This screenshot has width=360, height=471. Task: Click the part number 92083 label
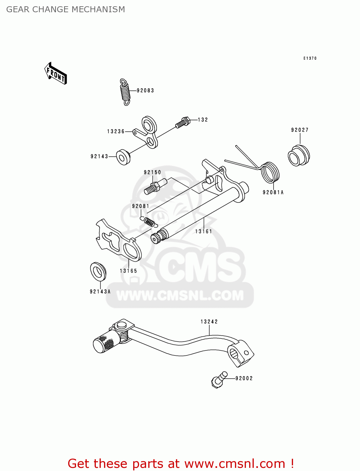(145, 90)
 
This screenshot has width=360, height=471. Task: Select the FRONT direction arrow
(56, 74)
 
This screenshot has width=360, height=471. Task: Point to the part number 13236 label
(116, 132)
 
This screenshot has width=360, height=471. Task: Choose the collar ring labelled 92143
(123, 157)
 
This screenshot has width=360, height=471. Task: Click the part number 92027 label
(300, 130)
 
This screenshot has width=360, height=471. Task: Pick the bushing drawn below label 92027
(298, 155)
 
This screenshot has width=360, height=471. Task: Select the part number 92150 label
(152, 172)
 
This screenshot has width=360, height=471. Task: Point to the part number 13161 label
(204, 231)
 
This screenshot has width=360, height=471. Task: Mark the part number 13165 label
(128, 271)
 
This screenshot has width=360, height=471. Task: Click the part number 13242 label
(209, 322)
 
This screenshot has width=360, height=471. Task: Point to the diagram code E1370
(310, 58)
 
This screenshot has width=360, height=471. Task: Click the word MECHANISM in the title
(98, 9)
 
